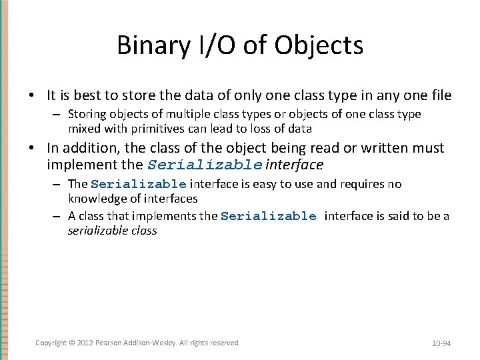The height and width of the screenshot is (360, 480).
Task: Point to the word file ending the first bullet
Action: pos(439,95)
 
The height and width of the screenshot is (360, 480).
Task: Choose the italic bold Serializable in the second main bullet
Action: pos(205,165)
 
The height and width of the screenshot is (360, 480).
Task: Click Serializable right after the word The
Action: pos(138,184)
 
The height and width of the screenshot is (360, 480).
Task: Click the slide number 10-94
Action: pos(441,343)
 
